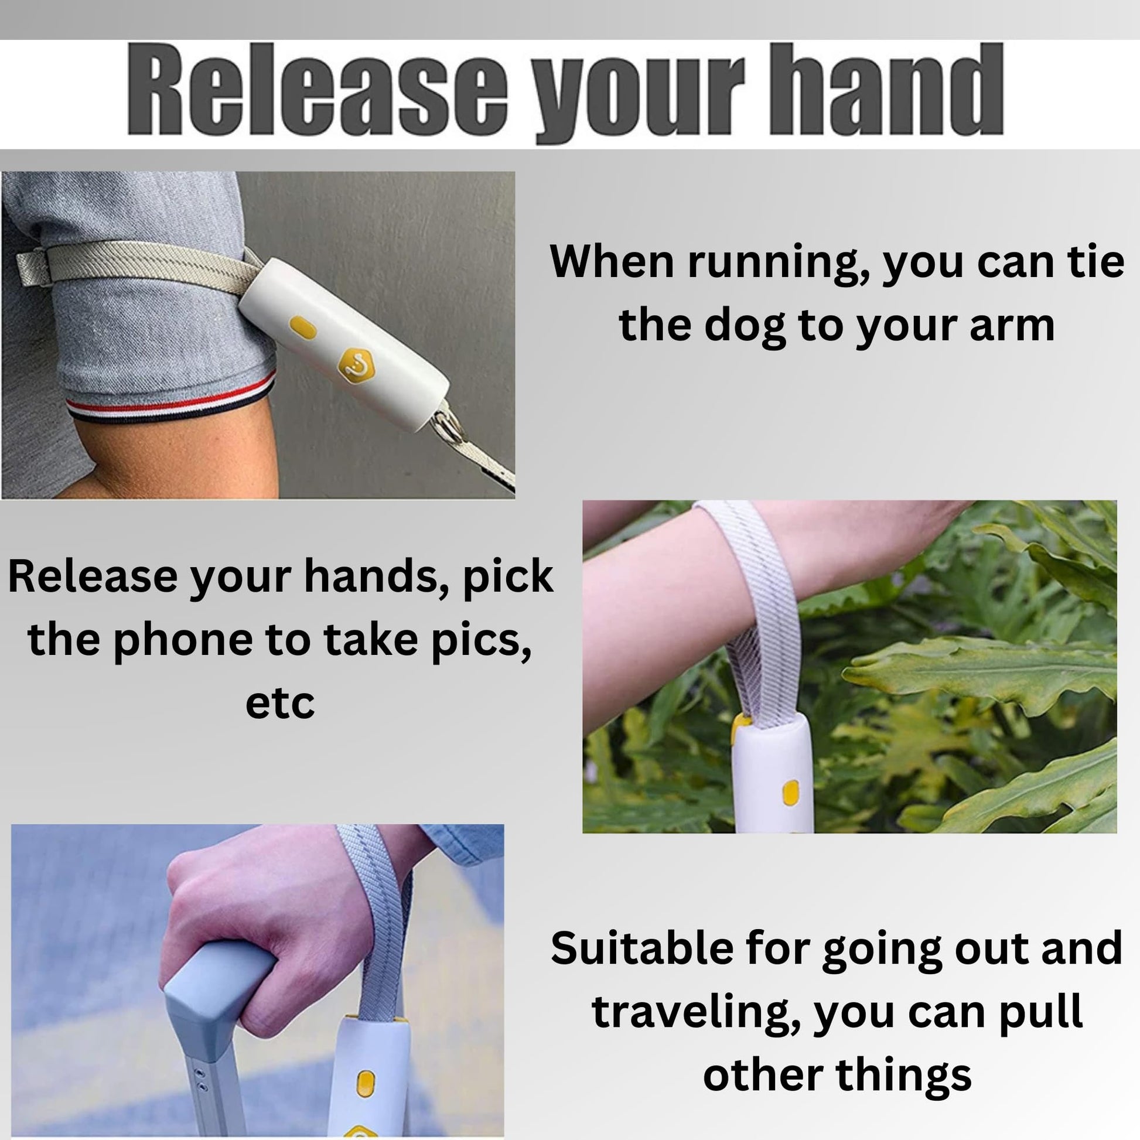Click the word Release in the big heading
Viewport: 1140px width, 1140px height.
click(x=318, y=90)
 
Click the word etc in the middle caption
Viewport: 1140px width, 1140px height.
click(x=279, y=704)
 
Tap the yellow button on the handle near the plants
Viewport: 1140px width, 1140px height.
click(x=790, y=792)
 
